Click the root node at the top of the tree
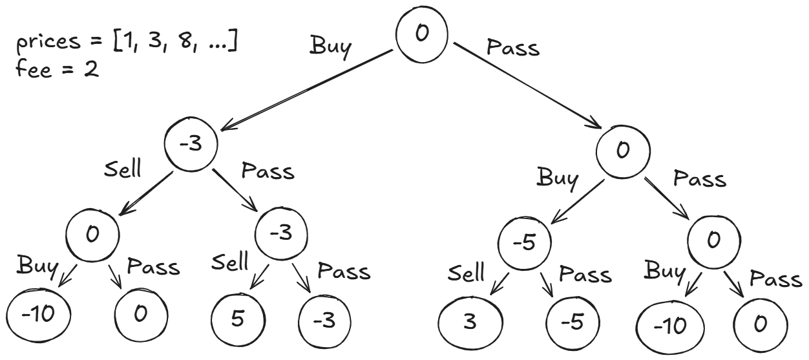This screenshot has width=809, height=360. (422, 34)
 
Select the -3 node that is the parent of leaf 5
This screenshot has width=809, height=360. (282, 233)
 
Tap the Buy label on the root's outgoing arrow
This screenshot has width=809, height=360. (330, 47)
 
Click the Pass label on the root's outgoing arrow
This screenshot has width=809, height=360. (512, 47)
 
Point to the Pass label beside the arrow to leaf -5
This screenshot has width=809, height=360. (585, 274)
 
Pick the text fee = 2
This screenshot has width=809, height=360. (57, 69)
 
